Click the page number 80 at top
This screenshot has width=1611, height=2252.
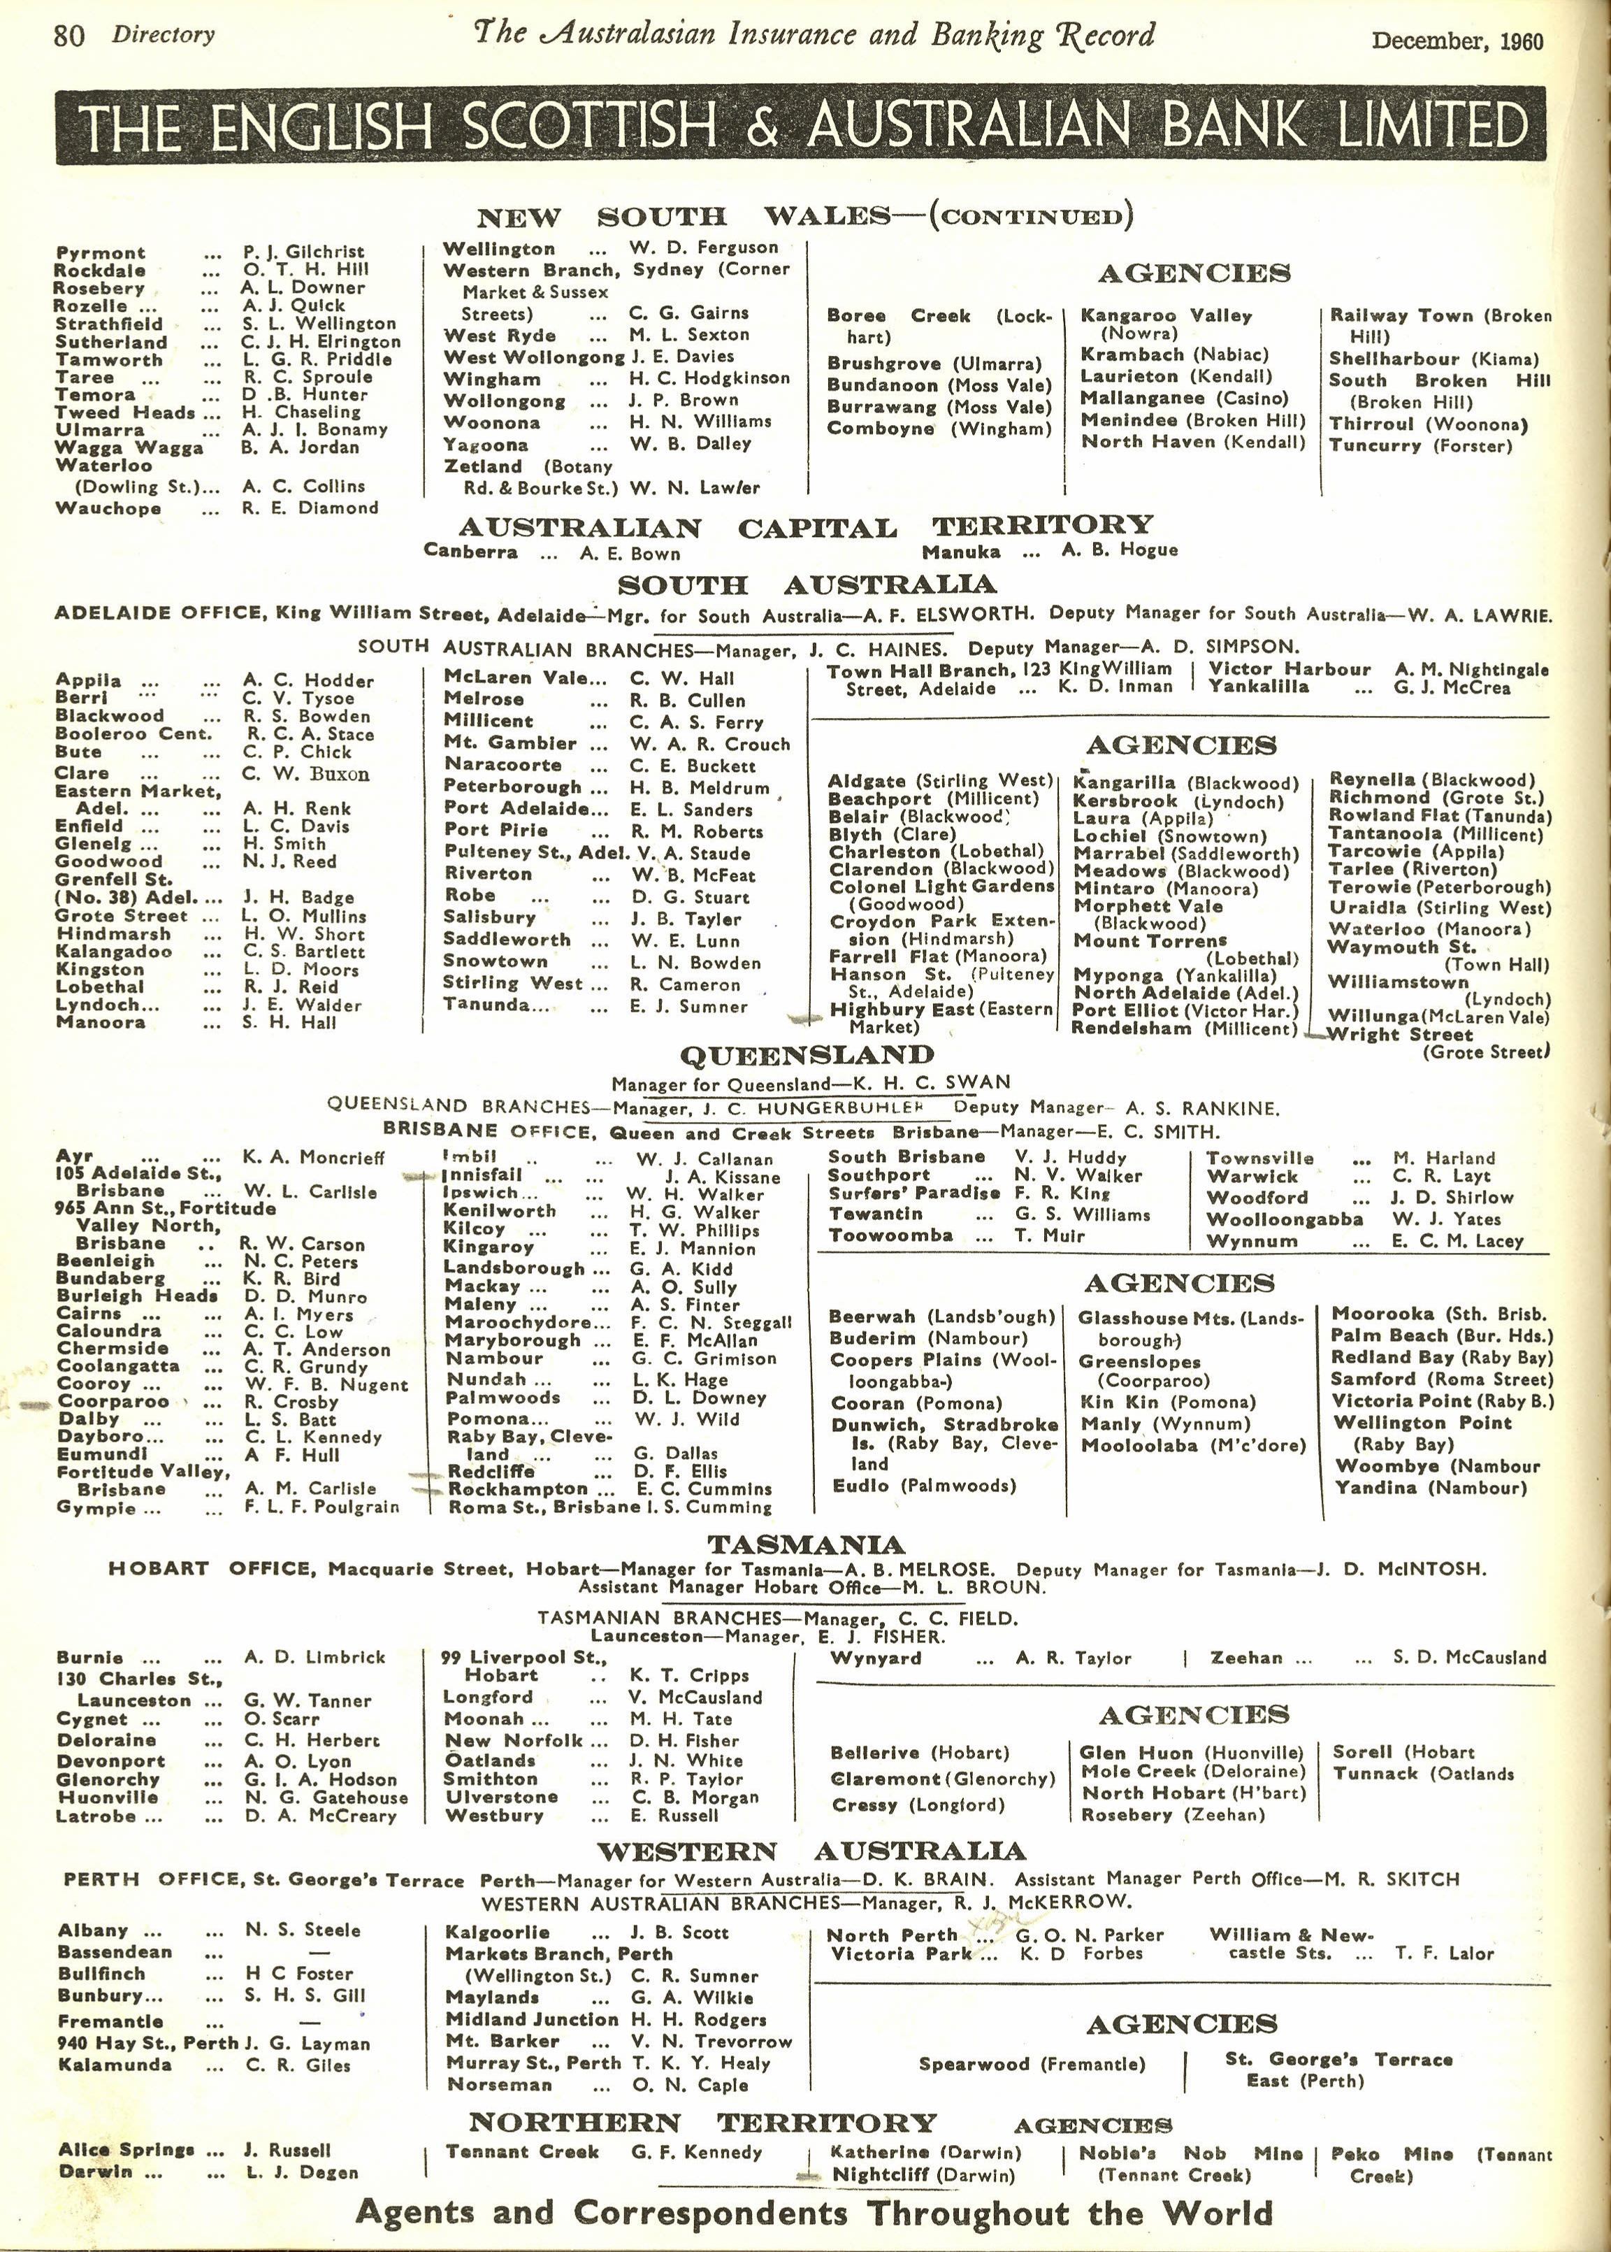click(69, 36)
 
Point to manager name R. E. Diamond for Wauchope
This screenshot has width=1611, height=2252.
click(310, 508)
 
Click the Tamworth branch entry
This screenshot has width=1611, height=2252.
click(108, 360)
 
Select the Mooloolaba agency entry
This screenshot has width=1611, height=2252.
click(1192, 1445)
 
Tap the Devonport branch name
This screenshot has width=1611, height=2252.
click(110, 1761)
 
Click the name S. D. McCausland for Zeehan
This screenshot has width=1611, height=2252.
click(1468, 1658)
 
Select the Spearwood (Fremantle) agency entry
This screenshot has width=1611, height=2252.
click(1031, 2065)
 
